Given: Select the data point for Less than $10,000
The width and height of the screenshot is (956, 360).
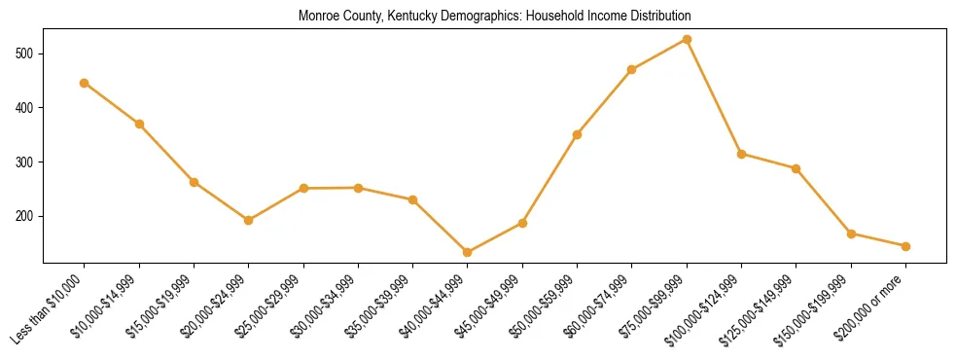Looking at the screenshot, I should [x=85, y=83].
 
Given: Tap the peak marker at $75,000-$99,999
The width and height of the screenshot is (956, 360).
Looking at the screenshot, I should [x=687, y=40].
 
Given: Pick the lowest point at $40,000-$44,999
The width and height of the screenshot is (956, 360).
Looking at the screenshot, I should [x=468, y=252].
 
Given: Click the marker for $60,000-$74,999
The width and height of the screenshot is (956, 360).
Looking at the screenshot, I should [x=632, y=70].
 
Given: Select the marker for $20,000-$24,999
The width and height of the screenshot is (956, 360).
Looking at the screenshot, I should [x=249, y=220].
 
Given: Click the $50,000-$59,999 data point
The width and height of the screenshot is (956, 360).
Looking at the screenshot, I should [x=578, y=134].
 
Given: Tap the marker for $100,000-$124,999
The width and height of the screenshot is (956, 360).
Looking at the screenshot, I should [x=742, y=154].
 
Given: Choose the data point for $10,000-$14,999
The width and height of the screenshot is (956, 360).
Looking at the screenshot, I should [x=139, y=124].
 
